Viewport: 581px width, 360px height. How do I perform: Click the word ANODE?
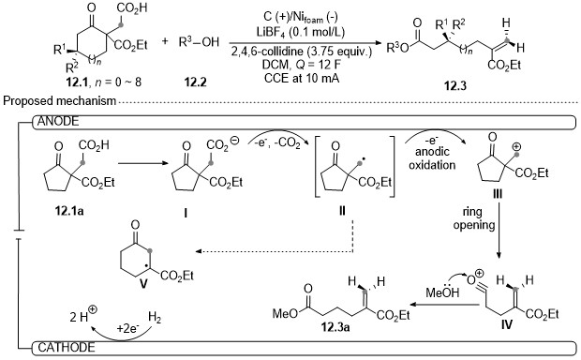point(58,122)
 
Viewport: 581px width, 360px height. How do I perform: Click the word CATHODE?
point(67,348)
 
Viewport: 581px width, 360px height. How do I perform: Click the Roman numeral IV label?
point(507,324)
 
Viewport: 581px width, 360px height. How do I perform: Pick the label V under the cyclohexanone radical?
point(143,284)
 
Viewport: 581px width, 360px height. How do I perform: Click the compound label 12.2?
point(195,82)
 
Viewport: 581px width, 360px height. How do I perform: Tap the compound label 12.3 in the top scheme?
point(455,86)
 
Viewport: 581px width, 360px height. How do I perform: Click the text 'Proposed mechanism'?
point(60,101)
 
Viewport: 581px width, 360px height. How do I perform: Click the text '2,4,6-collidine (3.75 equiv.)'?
point(301,52)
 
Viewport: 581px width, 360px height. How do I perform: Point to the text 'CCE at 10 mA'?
point(302,78)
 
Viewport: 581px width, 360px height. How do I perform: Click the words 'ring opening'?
point(474,218)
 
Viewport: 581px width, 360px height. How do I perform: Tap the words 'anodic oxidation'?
point(432,157)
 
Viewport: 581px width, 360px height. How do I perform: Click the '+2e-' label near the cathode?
point(128,328)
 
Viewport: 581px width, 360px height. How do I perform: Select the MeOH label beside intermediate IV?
point(442,292)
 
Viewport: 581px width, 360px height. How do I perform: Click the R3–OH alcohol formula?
point(199,42)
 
